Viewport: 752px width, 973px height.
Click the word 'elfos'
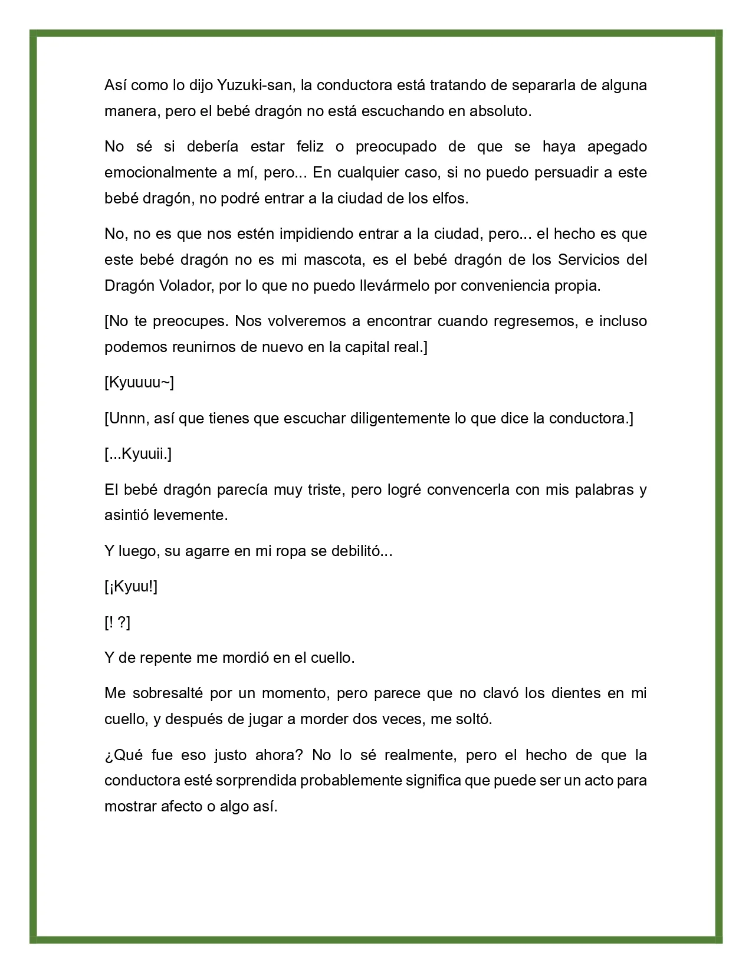(449, 198)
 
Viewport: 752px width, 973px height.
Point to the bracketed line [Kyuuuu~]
(139, 383)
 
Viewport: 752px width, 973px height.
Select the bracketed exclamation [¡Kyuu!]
(131, 586)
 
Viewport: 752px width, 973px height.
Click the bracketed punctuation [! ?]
(117, 622)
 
